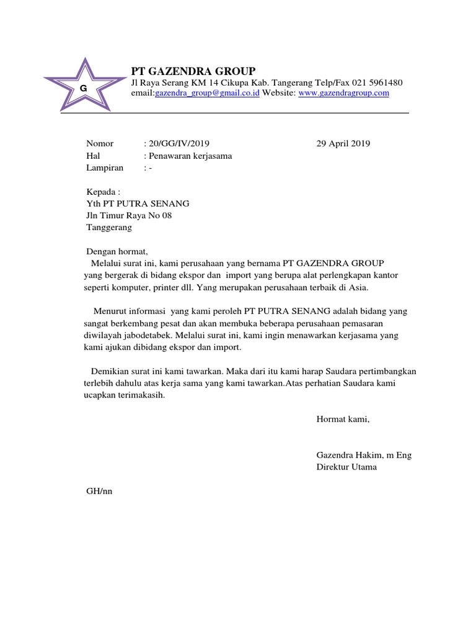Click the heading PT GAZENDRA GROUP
point(193,70)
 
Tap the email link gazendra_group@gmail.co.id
point(207,93)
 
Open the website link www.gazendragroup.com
point(343,93)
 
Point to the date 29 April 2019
point(343,144)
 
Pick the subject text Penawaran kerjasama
point(190,156)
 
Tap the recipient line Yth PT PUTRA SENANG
point(137,203)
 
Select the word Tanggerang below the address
point(108,227)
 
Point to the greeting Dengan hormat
point(117,252)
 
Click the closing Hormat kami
point(342,419)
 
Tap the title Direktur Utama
point(346,467)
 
